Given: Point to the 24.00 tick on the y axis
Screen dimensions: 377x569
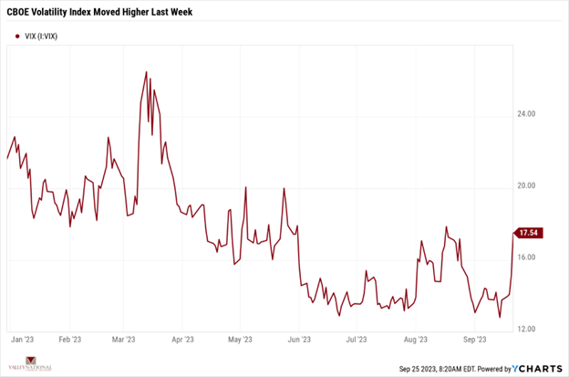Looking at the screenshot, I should (x=526, y=114).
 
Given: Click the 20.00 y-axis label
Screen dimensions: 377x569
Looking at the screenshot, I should (x=526, y=185).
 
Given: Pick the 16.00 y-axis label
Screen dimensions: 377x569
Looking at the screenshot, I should (x=526, y=257).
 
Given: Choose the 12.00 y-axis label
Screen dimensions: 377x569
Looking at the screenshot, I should (x=526, y=329).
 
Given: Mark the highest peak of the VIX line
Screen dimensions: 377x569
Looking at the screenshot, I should (x=147, y=71).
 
